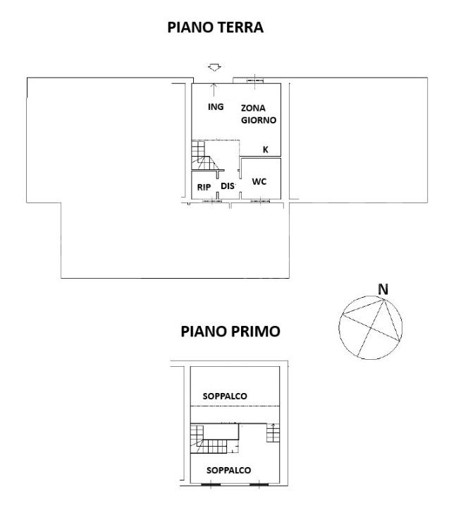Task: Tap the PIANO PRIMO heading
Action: pyautogui.click(x=230, y=331)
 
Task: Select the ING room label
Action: pyautogui.click(x=216, y=107)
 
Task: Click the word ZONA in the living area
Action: pyautogui.click(x=253, y=109)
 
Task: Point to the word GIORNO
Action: pyautogui.click(x=257, y=121)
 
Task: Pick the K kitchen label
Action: pyautogui.click(x=265, y=150)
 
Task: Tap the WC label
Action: pyautogui.click(x=259, y=182)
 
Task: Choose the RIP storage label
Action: pyautogui.click(x=204, y=187)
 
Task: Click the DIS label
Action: pyautogui.click(x=227, y=186)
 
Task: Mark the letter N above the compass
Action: pyautogui.click(x=383, y=289)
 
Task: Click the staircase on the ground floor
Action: pyautogui.click(x=206, y=157)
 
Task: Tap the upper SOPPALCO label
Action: pyautogui.click(x=224, y=396)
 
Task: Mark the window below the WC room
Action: pyautogui.click(x=259, y=202)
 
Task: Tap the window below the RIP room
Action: pyautogui.click(x=211, y=202)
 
